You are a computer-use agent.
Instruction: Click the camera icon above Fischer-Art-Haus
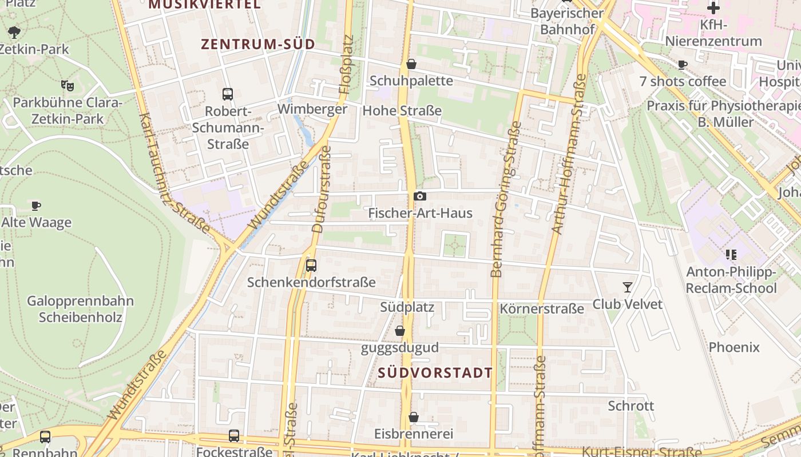tap(420, 197)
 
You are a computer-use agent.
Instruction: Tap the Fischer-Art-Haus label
tap(420, 213)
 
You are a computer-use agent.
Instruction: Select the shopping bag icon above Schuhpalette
tap(411, 64)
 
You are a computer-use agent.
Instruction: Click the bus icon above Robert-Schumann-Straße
tap(227, 94)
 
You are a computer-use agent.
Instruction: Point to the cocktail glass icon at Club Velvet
tap(628, 287)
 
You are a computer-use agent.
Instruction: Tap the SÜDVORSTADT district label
tap(435, 373)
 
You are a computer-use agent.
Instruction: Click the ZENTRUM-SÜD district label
tap(258, 44)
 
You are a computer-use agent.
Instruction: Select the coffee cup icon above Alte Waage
tap(36, 206)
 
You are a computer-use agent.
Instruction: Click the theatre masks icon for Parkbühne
tap(68, 86)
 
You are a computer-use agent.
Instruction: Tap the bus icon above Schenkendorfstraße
tap(311, 265)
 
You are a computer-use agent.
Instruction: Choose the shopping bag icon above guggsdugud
tap(400, 331)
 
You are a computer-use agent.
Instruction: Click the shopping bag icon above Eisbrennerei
tap(414, 418)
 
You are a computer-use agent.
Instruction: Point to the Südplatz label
tap(407, 307)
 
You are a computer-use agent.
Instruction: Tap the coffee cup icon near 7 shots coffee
tap(682, 65)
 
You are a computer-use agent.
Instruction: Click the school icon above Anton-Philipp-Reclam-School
tap(731, 255)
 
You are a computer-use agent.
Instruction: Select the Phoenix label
tap(734, 347)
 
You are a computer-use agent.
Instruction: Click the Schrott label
tap(631, 406)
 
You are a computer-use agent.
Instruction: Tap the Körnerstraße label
tap(542, 309)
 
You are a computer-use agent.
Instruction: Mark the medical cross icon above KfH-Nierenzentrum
tap(713, 8)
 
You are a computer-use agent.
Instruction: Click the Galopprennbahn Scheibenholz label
tap(81, 309)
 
